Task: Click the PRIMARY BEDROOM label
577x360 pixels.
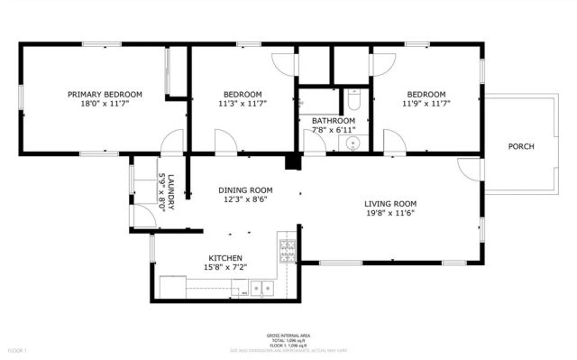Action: click(x=105, y=94)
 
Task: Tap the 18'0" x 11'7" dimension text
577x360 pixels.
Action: click(x=105, y=104)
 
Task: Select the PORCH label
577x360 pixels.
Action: click(x=521, y=146)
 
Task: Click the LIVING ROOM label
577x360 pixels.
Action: click(x=389, y=204)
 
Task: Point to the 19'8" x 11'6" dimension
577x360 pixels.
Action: click(x=389, y=215)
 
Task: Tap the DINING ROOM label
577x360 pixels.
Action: click(x=245, y=190)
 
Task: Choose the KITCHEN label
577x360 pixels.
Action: click(x=225, y=258)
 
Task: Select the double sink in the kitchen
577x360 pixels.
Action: click(x=262, y=289)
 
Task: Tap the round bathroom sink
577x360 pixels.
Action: click(x=354, y=142)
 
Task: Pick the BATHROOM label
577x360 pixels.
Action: click(x=333, y=120)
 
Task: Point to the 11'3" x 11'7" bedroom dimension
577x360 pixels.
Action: click(x=243, y=104)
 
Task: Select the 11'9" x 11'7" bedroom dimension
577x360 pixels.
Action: click(x=426, y=104)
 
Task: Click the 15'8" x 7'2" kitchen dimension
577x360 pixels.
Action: click(x=225, y=268)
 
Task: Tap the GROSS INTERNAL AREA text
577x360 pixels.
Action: click(x=288, y=333)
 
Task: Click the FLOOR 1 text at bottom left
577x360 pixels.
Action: click(x=18, y=349)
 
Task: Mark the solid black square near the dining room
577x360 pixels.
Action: click(x=292, y=162)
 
